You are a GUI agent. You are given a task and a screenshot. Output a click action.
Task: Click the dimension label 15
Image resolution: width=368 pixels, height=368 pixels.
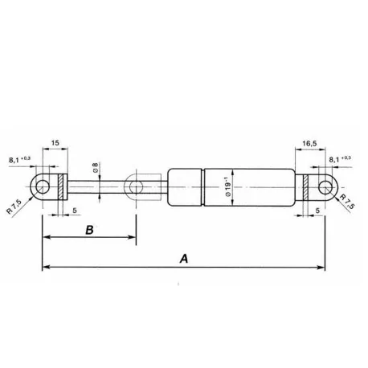tap(55, 145)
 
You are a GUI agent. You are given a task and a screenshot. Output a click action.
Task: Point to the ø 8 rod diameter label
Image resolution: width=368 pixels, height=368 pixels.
tap(96, 170)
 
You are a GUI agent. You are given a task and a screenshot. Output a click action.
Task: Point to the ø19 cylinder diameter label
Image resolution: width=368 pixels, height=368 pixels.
tap(233, 190)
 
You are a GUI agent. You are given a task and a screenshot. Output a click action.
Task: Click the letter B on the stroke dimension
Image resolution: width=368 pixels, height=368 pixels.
tap(89, 230)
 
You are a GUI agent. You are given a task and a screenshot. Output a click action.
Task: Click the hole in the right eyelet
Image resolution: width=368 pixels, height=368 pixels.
tap(324, 189)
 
